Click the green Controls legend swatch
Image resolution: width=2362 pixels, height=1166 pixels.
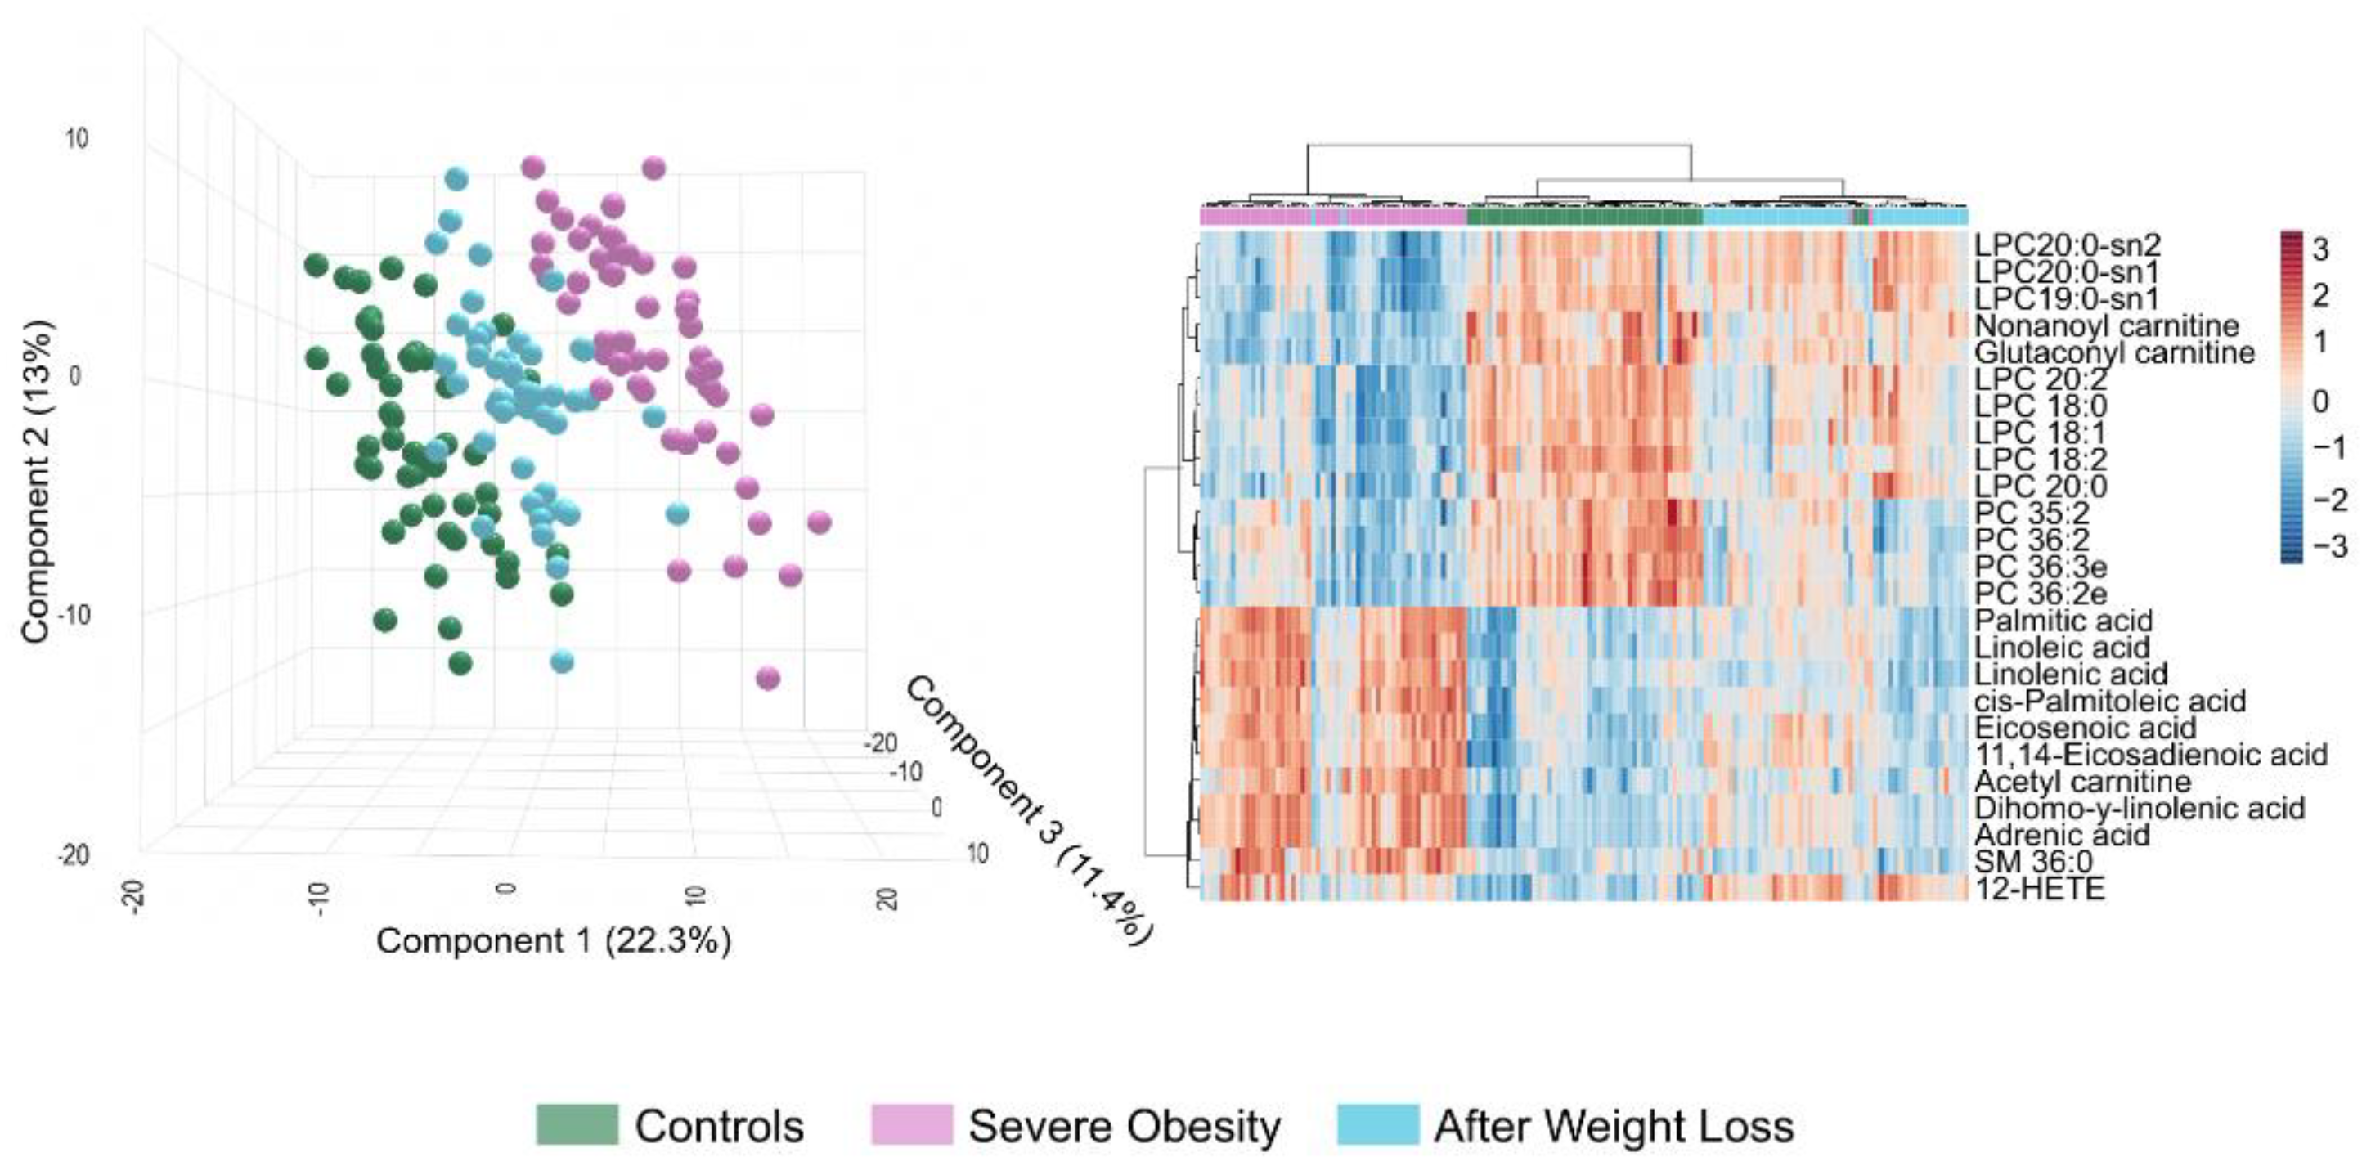[577, 1125]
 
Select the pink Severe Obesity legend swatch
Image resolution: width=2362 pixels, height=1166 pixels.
[911, 1125]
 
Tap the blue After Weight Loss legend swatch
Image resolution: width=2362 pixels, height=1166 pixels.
[1377, 1125]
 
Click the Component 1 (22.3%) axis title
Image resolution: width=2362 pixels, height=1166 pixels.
[554, 941]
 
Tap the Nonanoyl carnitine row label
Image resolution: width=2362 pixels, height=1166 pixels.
[2106, 325]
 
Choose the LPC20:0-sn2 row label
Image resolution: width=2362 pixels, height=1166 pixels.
[2067, 244]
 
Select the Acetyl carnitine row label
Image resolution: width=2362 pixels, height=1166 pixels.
[2082, 781]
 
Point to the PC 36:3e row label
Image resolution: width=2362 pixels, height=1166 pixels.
[2040, 567]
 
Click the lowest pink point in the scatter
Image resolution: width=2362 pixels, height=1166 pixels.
[767, 679]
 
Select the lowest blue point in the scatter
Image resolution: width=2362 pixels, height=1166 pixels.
[562, 661]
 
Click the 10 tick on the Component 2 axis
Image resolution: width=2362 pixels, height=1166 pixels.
[77, 139]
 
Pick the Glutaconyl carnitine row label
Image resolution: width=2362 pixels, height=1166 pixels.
[2114, 352]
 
